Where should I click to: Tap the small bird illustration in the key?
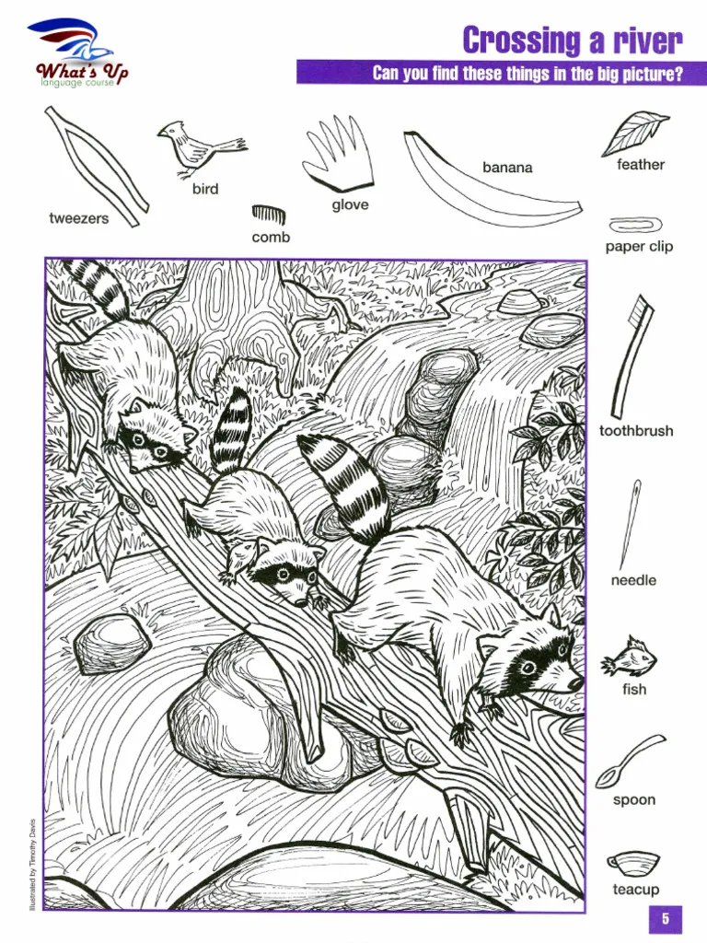(x=199, y=148)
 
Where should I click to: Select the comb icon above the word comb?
(x=268, y=214)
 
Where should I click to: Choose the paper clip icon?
(x=635, y=226)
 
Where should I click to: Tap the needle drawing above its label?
(x=630, y=523)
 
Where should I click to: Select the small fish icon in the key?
(x=629, y=658)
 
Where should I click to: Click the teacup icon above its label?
(x=633, y=865)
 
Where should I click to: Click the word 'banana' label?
(x=507, y=168)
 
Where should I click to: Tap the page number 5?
(x=665, y=918)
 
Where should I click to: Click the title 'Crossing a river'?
(x=573, y=41)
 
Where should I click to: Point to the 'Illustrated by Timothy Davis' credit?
(x=32, y=864)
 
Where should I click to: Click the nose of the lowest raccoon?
(x=575, y=683)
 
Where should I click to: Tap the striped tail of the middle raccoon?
(x=231, y=430)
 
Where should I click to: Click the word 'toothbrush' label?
(x=636, y=431)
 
